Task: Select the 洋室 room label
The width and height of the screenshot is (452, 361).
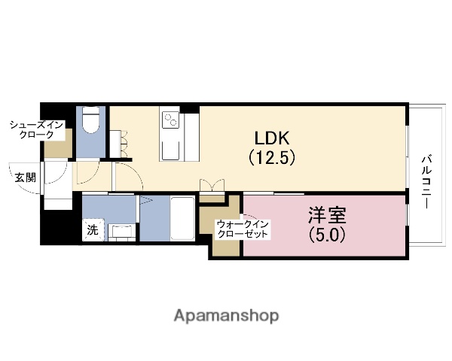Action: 326,215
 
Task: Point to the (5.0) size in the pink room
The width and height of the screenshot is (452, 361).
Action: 326,234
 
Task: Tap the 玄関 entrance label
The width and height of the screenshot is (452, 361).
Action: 25,178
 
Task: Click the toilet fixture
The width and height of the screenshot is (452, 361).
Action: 91,120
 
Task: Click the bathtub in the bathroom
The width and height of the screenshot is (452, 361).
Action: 182,218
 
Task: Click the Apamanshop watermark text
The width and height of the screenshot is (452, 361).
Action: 226,314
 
